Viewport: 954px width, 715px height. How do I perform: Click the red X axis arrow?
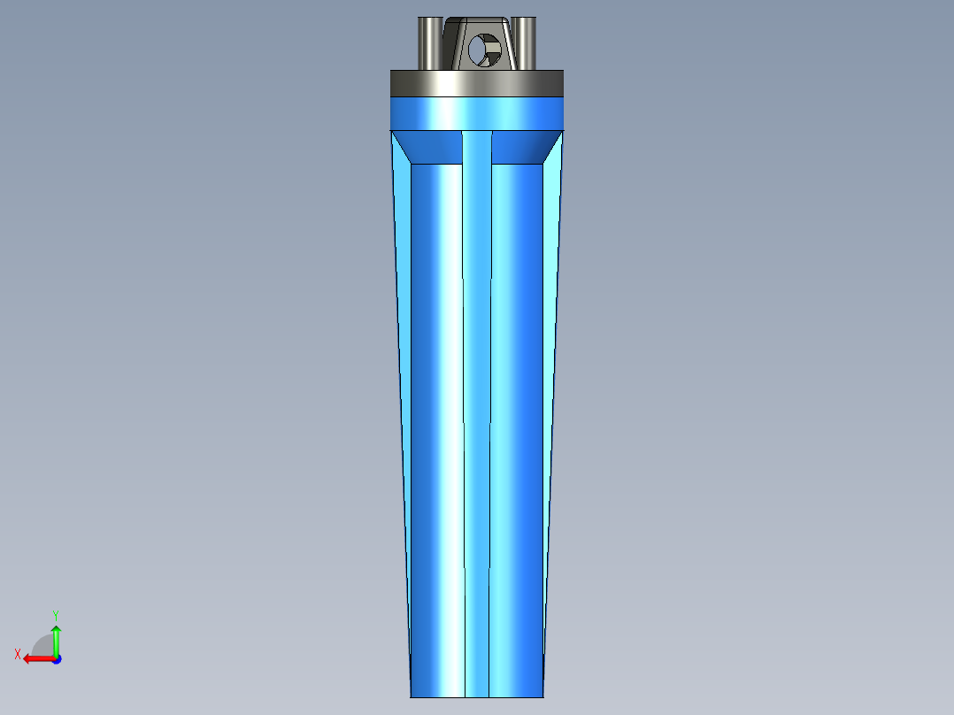[x=36, y=658]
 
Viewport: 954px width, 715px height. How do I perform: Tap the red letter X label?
[x=18, y=654]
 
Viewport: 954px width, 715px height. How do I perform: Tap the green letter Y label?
[x=55, y=614]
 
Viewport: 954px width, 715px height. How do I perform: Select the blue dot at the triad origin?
[x=56, y=659]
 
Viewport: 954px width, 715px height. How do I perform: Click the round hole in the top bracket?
[x=484, y=50]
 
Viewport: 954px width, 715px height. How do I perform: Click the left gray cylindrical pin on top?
[x=429, y=42]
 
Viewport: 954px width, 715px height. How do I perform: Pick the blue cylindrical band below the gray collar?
[x=477, y=112]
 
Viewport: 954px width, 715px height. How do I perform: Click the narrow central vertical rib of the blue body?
[x=477, y=398]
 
